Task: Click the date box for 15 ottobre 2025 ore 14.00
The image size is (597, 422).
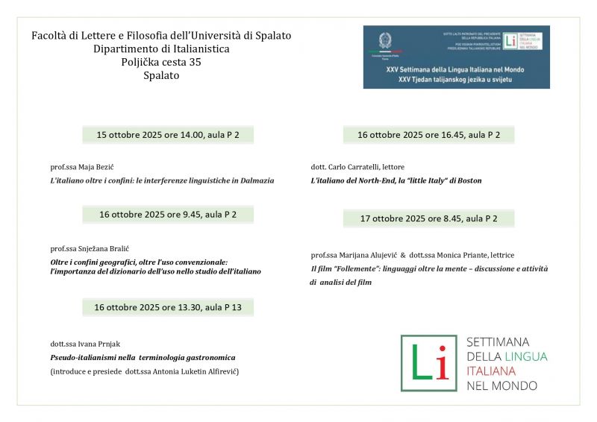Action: point(167,135)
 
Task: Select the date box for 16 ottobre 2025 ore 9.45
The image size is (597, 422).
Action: point(167,215)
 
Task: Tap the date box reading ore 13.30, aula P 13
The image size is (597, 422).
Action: point(167,307)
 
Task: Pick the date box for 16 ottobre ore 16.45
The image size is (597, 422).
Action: point(428,135)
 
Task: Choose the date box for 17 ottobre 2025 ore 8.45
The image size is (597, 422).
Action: point(428,218)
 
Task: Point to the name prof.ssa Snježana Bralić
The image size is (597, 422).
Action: point(85,248)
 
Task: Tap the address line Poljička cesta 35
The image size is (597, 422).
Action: point(161,62)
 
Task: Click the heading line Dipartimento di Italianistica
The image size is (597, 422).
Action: point(161,48)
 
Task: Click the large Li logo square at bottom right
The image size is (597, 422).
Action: point(428,363)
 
